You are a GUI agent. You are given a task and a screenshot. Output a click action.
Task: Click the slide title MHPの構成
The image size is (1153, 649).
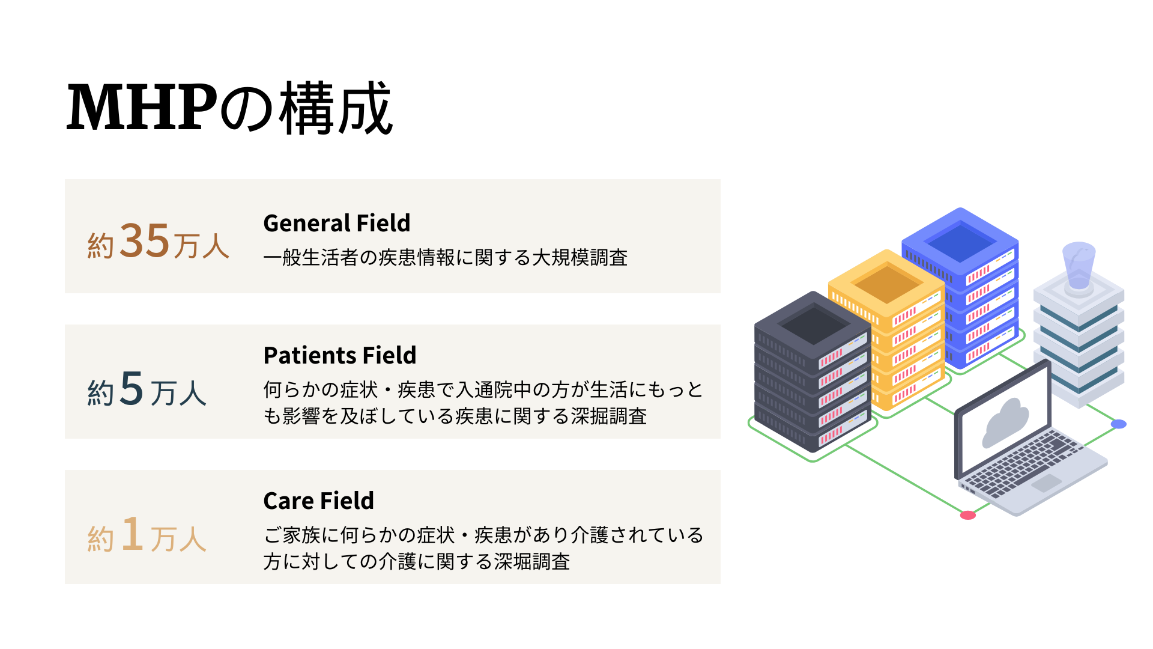coord(229,109)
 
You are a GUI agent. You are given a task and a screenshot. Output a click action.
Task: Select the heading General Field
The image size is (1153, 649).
coord(336,223)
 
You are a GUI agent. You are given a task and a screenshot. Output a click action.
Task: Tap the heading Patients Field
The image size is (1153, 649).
coord(339,355)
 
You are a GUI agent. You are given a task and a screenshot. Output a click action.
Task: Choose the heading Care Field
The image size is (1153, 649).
coord(318,501)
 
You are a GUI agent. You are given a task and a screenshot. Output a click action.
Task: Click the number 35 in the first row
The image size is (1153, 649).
coord(145,240)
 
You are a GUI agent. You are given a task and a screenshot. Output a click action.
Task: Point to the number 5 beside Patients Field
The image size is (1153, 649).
coord(132,388)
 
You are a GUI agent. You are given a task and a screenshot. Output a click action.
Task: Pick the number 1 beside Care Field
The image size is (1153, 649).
coord(132,534)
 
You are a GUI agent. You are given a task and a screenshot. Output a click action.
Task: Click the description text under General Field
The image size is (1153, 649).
coord(445,258)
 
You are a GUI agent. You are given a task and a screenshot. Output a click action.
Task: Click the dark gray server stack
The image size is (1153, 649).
coord(813,373)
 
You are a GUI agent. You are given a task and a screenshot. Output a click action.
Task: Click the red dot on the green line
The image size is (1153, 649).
coord(967,515)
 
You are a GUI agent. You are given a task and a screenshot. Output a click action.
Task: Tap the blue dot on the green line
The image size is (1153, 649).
coord(1118,424)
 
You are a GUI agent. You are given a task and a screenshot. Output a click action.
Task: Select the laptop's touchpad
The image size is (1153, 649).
coord(1046,483)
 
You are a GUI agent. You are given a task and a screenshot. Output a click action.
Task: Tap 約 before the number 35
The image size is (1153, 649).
coord(100,246)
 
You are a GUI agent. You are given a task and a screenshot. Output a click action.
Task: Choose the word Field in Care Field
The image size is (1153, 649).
coord(347,501)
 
